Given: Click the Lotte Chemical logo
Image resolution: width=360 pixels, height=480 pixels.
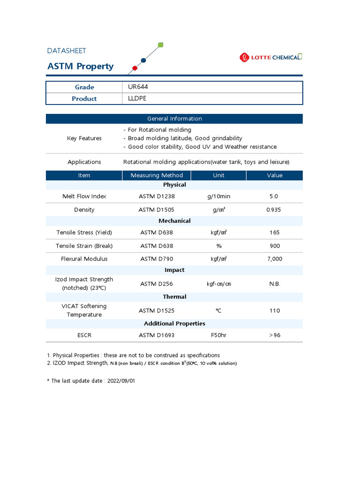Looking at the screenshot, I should [271, 57].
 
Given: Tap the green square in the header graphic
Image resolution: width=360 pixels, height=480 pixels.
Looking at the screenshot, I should [161, 45].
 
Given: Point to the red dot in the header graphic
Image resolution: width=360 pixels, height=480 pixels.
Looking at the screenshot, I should [135, 68].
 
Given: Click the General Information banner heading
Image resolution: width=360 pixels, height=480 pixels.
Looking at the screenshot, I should [174, 119].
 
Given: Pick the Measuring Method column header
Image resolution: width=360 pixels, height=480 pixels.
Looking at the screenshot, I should [157, 175].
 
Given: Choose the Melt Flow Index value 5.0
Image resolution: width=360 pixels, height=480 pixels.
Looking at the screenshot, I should [274, 196].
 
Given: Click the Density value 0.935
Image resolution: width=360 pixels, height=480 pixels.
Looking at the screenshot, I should [274, 210].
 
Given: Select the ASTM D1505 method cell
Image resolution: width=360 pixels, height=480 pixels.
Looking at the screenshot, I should [156, 210].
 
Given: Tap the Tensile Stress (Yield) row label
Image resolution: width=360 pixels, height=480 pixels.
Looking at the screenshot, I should [84, 232].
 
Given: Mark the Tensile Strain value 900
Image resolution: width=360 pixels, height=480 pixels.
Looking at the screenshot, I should [275, 246].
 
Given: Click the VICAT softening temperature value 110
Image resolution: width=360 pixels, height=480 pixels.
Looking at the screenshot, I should [275, 310].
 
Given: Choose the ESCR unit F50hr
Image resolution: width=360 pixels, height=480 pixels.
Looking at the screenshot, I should [218, 335].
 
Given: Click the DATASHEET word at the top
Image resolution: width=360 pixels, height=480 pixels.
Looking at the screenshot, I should [67, 51].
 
